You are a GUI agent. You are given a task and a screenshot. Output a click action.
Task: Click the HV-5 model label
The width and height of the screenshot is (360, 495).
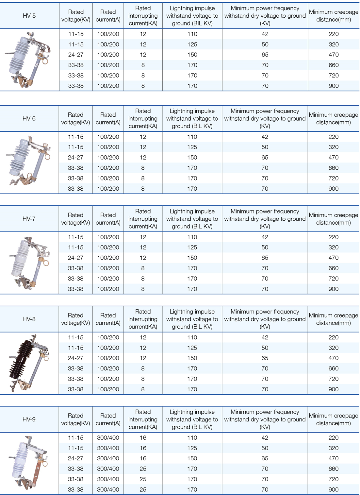29,16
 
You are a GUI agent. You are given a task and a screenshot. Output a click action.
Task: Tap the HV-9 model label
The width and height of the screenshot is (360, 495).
29,419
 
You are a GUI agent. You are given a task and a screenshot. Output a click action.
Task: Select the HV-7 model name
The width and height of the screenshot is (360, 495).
29,219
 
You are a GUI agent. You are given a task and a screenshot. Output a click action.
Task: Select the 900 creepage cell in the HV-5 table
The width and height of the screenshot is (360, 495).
334,86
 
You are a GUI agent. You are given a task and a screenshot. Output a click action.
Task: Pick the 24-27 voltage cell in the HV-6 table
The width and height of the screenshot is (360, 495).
75,157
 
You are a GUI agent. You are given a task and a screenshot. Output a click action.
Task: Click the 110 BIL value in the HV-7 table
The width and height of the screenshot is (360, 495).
192,237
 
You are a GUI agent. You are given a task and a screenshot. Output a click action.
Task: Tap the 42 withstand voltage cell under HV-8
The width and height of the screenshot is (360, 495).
265,337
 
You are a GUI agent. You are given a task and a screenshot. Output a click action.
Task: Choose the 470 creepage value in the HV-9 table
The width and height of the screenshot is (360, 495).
334,458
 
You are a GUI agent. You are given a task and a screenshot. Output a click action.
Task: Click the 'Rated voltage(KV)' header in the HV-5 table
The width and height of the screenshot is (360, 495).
76,16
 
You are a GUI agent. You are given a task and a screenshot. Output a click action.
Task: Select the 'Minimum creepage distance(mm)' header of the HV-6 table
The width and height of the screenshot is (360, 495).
334,118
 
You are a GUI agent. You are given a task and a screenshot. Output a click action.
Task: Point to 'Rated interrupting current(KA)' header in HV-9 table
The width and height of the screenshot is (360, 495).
143,419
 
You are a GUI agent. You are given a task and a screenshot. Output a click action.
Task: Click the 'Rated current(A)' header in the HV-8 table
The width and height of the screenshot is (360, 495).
108,319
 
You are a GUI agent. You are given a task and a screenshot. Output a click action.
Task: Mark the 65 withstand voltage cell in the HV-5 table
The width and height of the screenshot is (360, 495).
265,55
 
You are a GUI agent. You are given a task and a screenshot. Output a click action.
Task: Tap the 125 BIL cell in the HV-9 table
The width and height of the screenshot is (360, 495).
192,448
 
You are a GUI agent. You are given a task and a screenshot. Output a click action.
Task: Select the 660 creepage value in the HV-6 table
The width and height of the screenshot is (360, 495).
334,168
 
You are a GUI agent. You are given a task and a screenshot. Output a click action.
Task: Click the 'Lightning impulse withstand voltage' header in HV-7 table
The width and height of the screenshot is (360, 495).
192,219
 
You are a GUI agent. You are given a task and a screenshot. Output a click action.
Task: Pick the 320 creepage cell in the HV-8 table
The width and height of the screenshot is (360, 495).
334,348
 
